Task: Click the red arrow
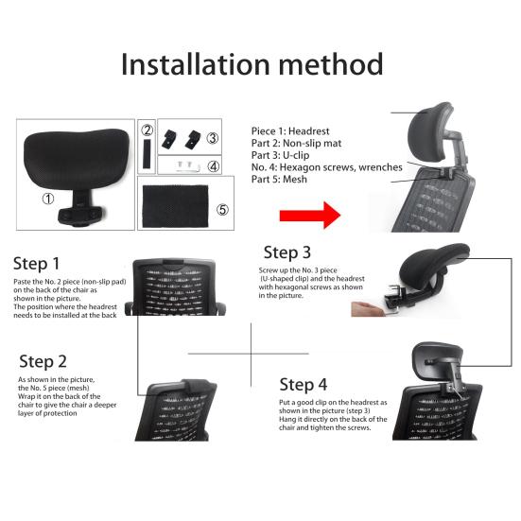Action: click(310, 216)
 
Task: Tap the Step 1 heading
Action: click(37, 264)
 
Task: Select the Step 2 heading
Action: click(43, 361)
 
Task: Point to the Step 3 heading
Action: click(287, 252)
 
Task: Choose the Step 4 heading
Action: click(304, 385)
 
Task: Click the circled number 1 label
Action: click(48, 199)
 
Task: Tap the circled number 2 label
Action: click(147, 130)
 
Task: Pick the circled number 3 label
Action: click(212, 138)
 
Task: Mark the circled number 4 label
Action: click(214, 165)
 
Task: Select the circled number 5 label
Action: click(222, 209)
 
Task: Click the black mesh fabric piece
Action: click(176, 206)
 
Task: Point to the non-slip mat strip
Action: click(147, 154)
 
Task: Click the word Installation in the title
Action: click(195, 64)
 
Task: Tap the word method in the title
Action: click(331, 64)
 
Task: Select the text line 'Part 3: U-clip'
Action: click(280, 155)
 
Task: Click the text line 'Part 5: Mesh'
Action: click(279, 179)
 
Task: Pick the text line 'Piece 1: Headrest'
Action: click(290, 131)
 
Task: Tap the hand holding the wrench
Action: click(367, 309)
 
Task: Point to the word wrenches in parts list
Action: click(380, 167)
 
